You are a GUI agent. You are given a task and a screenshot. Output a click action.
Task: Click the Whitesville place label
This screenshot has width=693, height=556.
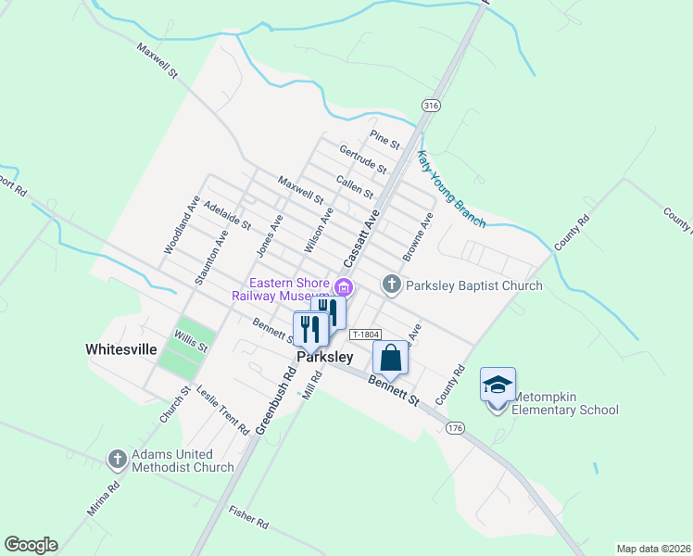(121, 349)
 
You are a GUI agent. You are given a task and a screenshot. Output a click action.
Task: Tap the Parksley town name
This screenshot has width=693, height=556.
(324, 357)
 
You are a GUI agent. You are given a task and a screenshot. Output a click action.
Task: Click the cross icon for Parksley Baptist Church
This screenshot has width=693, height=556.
(391, 284)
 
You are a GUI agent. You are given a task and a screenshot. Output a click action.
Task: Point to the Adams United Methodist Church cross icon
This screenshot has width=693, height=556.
(118, 459)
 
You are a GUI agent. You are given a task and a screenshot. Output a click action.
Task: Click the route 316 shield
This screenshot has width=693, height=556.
(430, 106)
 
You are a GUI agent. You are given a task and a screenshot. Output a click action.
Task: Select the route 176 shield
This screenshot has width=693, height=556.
(454, 427)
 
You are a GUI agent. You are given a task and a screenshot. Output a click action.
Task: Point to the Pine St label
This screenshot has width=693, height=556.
(384, 140)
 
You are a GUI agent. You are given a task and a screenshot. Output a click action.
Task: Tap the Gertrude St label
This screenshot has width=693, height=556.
(362, 159)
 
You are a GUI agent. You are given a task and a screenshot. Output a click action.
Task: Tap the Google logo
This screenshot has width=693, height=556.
(31, 545)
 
